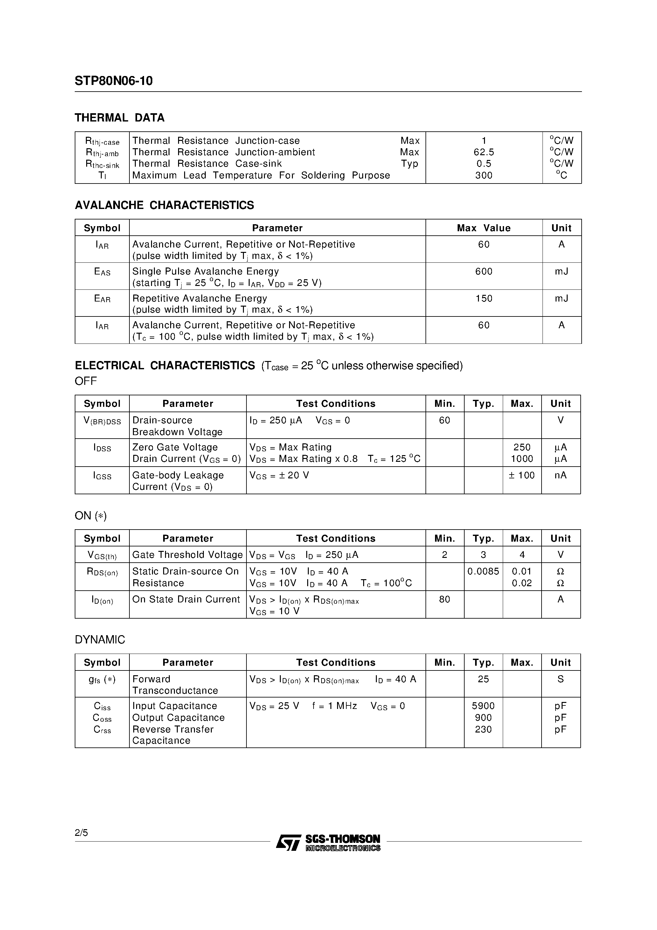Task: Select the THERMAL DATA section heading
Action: [x=120, y=118]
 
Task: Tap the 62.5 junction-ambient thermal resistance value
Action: [x=484, y=152]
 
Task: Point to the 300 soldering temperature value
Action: [x=484, y=175]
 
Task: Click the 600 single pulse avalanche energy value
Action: [x=484, y=271]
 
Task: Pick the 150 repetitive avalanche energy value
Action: [x=484, y=299]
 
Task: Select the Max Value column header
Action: [x=484, y=228]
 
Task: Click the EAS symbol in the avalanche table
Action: [x=102, y=272]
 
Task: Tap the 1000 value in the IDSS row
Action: [x=522, y=459]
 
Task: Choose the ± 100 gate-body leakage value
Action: [x=522, y=475]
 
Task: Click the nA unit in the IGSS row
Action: [x=561, y=475]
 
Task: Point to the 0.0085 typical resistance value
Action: [x=483, y=572]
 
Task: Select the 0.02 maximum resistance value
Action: [x=522, y=583]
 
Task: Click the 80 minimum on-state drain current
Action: [x=444, y=600]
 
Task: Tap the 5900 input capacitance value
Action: [x=483, y=706]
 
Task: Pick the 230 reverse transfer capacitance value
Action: [x=483, y=730]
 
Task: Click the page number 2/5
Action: [x=81, y=833]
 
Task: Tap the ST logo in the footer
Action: [x=288, y=843]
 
